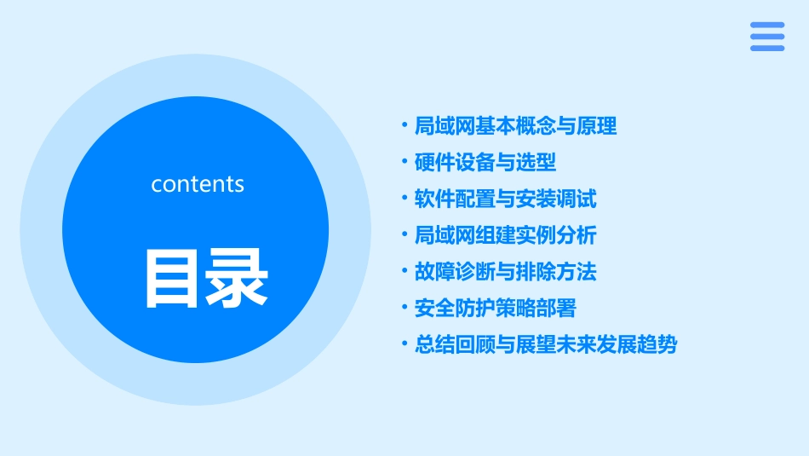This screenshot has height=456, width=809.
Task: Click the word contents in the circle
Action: point(198,184)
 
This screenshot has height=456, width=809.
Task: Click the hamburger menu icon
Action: point(766,37)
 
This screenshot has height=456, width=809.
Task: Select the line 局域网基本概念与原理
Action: point(515,127)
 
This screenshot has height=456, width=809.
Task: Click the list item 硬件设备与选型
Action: point(485,163)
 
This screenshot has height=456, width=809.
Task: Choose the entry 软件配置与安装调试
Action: point(505,199)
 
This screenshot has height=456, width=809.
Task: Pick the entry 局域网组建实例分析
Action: point(505,235)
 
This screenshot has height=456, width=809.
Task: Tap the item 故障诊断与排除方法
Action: point(505,272)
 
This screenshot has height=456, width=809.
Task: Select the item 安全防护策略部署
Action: point(495,308)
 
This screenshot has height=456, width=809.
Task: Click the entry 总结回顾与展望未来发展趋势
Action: point(546,345)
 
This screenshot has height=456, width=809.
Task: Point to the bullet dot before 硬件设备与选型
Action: point(404,162)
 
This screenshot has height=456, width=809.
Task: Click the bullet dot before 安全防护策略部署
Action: point(404,307)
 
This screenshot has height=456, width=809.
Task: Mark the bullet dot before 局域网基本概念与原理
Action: point(404,126)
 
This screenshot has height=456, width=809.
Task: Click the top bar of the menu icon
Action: point(766,25)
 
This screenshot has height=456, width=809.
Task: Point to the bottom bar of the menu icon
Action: point(766,49)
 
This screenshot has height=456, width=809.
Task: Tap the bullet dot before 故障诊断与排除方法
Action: point(404,271)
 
